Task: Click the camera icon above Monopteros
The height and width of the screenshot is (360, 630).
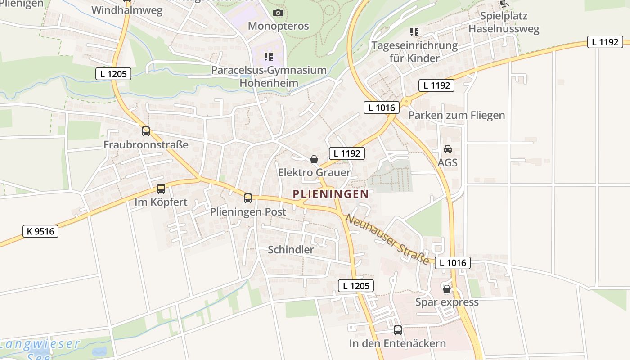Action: coord(278,13)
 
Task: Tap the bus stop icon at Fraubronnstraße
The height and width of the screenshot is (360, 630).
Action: coord(145,131)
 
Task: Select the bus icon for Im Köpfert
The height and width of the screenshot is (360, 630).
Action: coord(161,189)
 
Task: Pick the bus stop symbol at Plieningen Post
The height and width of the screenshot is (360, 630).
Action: coord(248,198)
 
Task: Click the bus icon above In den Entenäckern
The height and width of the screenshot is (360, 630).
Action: coord(397,330)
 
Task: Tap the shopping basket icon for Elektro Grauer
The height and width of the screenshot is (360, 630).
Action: coord(314,159)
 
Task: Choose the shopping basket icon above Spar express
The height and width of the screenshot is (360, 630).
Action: coord(446,289)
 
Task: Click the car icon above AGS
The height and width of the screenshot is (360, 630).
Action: coord(447,149)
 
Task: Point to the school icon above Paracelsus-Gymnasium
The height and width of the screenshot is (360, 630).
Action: coord(269,57)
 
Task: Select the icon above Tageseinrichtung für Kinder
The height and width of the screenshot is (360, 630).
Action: coord(414,32)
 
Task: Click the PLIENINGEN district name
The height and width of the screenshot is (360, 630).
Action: coord(331,194)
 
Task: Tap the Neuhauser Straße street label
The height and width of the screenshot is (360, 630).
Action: coord(387,239)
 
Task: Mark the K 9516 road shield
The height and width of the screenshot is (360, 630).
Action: coord(40,231)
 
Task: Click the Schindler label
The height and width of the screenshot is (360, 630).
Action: coord(291,250)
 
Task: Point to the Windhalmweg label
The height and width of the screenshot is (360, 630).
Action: coord(127,11)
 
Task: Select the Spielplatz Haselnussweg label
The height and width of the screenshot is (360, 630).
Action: coord(504,22)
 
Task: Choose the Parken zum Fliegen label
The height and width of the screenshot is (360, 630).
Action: coord(456,115)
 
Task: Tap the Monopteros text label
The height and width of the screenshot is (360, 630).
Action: coord(278,26)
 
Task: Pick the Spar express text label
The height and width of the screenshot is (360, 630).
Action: coord(447,302)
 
